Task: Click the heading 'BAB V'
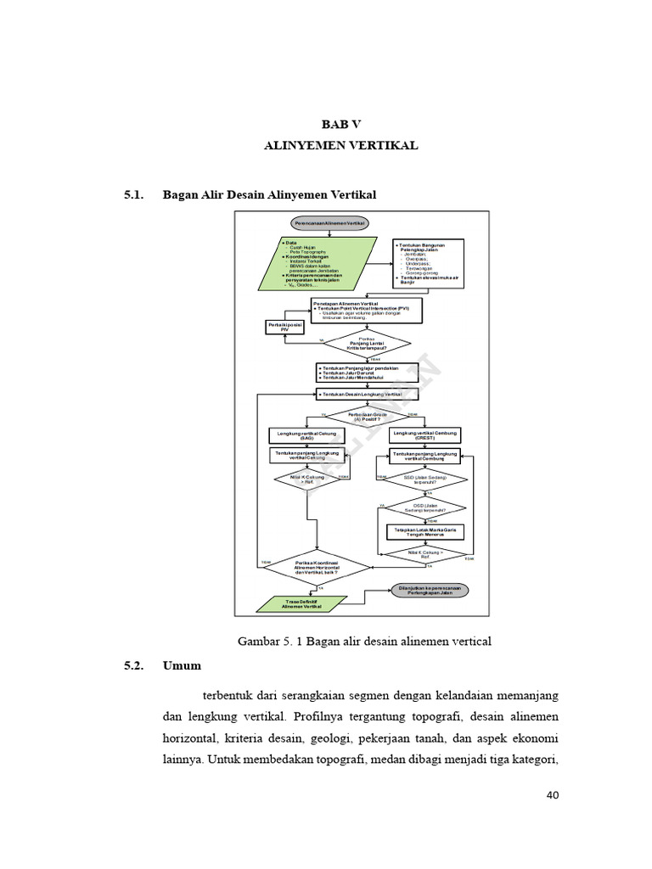click(340, 123)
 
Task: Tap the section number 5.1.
click(135, 195)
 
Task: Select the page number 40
click(552, 795)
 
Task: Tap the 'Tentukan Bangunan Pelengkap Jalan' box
click(430, 262)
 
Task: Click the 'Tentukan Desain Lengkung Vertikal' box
click(365, 395)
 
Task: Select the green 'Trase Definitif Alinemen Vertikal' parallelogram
click(302, 603)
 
